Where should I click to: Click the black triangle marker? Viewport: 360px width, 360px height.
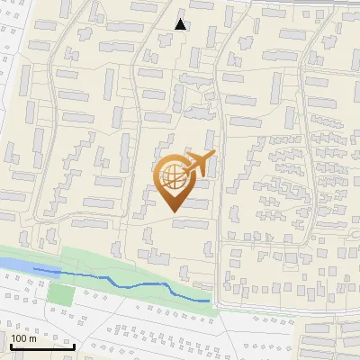click(181, 24)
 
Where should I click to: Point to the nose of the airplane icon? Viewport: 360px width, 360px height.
click(214, 155)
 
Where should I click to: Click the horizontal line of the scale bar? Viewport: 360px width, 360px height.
click(41, 347)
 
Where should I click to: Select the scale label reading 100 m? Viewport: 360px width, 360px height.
click(23, 339)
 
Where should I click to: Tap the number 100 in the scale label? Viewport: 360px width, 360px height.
click(19, 339)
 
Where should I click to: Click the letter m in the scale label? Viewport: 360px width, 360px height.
click(32, 339)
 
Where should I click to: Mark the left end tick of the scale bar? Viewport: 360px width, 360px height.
click(10, 345)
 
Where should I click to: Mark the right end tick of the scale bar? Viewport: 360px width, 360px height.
click(74, 345)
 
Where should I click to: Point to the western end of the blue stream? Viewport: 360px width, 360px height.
click(33, 268)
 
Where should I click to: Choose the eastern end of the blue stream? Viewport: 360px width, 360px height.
click(209, 301)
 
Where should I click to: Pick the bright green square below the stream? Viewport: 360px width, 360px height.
click(59, 293)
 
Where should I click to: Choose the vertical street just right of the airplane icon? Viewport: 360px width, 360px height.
click(220, 180)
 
